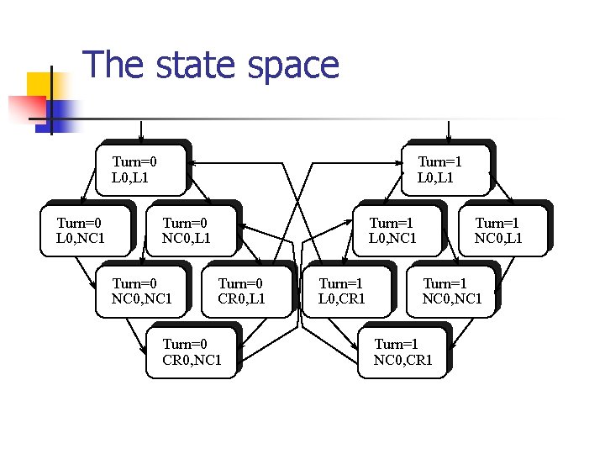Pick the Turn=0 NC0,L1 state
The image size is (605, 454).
click(192, 230)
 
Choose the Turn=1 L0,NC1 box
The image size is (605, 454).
click(397, 230)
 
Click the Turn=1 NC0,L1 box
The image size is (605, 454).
click(502, 230)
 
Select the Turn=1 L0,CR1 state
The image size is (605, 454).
click(347, 291)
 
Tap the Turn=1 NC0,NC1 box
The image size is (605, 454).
click(451, 291)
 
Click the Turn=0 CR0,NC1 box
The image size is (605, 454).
click(192, 351)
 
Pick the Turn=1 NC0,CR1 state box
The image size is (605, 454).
click(404, 351)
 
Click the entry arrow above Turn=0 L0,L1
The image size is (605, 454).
click(141, 130)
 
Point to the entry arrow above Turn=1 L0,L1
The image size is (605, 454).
click(450, 130)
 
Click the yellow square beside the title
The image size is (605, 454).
click(39, 84)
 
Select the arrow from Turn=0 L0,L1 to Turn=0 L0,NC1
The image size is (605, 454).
click(91, 186)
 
